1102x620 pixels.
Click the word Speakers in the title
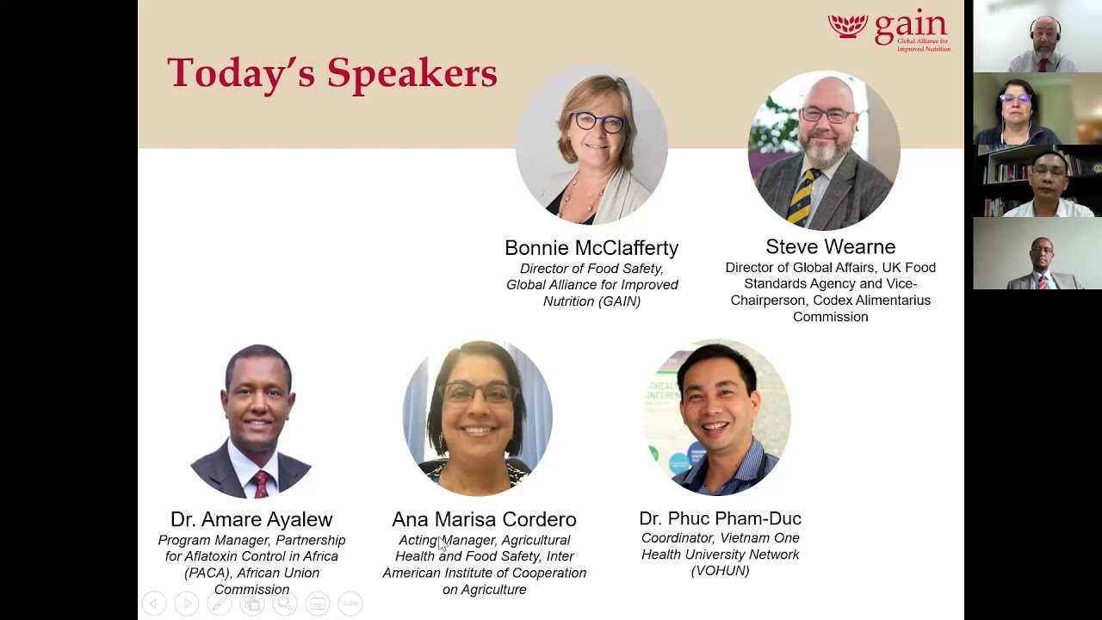point(412,73)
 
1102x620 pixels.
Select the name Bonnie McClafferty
point(591,247)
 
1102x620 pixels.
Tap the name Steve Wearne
point(831,246)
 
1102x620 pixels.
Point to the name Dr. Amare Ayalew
point(251,519)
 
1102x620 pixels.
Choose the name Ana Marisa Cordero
point(484,519)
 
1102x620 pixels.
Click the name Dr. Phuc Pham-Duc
point(720,518)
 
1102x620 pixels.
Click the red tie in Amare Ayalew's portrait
point(261,484)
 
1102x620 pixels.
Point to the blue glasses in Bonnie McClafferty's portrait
point(598,121)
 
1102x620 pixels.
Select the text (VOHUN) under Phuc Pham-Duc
point(720,571)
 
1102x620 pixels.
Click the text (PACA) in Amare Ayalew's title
point(203,573)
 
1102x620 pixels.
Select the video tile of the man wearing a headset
point(1037,36)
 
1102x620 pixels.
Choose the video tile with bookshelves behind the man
point(1037,181)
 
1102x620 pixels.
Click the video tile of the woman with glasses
point(1037,108)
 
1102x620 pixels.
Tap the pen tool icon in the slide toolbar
point(220,604)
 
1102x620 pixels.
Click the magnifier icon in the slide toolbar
point(285,604)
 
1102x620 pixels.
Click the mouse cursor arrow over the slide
point(443,544)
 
